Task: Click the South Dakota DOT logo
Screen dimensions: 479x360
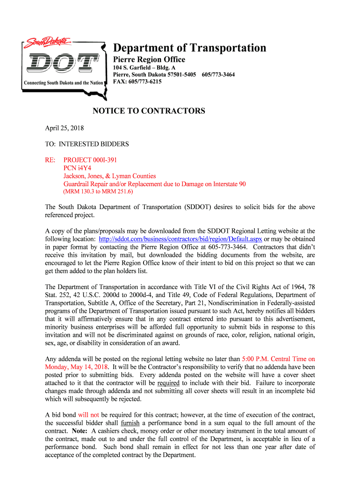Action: pyautogui.click(x=64, y=61)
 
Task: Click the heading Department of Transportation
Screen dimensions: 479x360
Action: pyautogui.click(x=190, y=48)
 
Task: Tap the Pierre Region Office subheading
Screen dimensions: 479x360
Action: pyautogui.click(x=150, y=59)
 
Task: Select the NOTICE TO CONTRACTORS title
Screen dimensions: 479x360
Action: pyautogui.click(x=149, y=111)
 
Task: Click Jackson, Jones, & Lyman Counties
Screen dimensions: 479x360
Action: pyautogui.click(x=109, y=176)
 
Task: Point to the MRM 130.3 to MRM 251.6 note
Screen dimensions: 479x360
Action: pyautogui.click(x=98, y=192)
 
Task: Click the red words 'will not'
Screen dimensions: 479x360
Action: pyautogui.click(x=88, y=414)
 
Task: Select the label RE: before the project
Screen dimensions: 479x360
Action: pyautogui.click(x=50, y=160)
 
